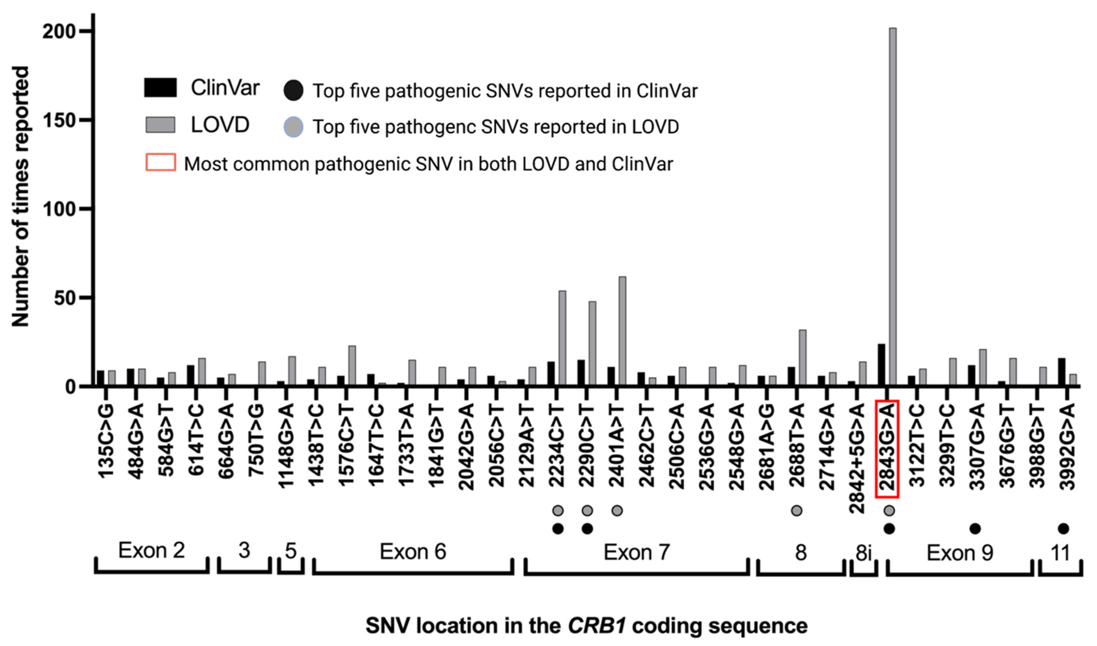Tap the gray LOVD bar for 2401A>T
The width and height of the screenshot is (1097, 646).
[622, 331]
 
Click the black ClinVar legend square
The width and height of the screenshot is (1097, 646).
[160, 88]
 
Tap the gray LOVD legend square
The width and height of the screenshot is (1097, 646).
[160, 125]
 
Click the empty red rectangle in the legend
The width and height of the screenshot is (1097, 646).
[160, 162]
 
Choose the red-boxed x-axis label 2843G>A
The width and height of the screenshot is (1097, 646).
[887, 448]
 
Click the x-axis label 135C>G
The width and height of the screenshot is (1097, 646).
[106, 441]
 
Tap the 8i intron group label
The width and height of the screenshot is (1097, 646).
[863, 553]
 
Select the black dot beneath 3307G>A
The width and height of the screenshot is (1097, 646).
[975, 529]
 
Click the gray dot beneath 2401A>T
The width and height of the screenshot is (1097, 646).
[617, 510]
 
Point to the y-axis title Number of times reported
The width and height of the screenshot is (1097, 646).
[20, 196]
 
